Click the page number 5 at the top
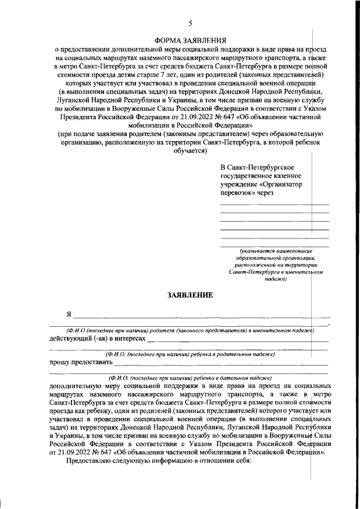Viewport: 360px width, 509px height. coord(190,23)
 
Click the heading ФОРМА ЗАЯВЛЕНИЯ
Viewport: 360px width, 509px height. coord(190,40)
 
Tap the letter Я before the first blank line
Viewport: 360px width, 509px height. coord(69,313)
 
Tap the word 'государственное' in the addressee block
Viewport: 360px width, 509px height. coord(246,175)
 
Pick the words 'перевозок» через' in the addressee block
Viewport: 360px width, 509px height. coord(246,193)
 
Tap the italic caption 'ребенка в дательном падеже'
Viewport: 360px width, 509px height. coord(190,377)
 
